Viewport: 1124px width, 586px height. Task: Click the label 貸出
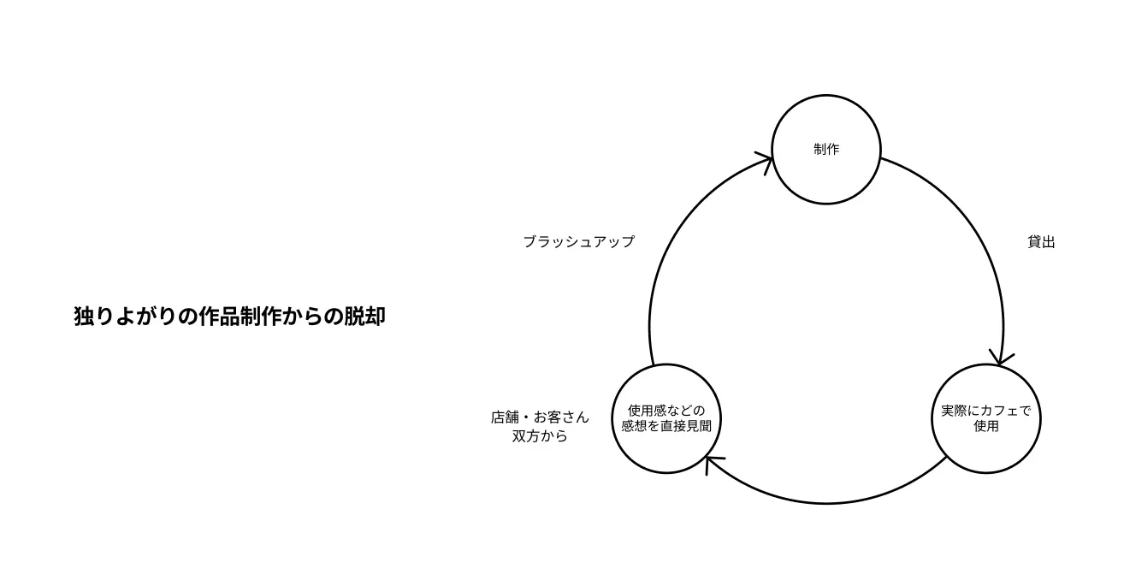click(x=1041, y=242)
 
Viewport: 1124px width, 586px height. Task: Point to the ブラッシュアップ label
click(x=579, y=242)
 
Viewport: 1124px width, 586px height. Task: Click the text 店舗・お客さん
click(x=540, y=417)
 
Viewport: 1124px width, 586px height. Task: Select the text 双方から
click(x=540, y=436)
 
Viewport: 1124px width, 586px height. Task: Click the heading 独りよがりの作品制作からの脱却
click(x=229, y=317)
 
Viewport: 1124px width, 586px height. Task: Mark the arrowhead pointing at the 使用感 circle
click(x=712, y=464)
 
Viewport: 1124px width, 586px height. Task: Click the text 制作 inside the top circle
click(x=826, y=150)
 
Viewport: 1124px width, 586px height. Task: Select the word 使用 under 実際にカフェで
click(x=986, y=426)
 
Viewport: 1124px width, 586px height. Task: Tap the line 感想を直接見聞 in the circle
click(x=666, y=426)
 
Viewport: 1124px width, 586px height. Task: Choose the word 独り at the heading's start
click(x=89, y=317)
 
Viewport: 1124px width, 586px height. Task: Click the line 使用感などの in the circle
click(x=666, y=411)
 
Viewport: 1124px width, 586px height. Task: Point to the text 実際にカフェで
click(x=986, y=411)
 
